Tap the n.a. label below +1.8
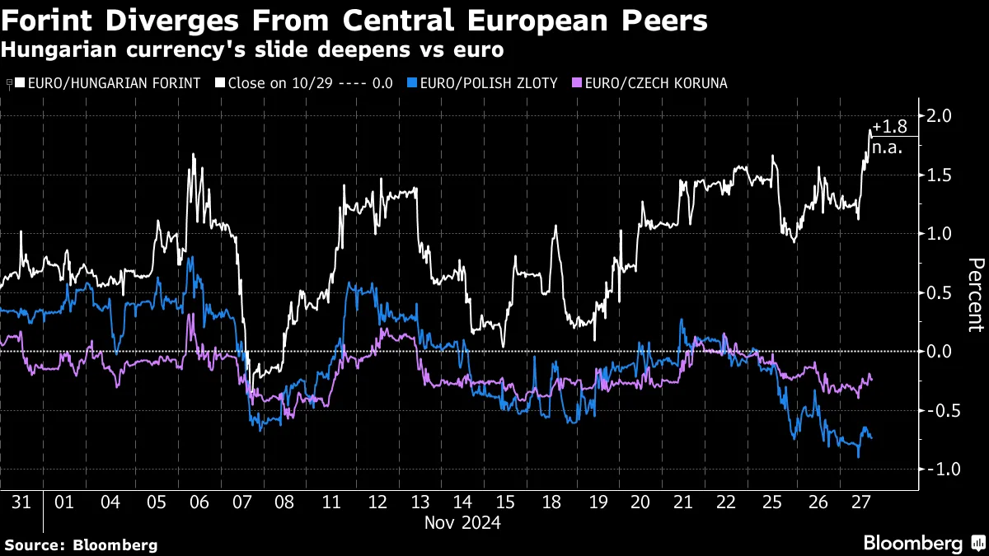[x=888, y=148]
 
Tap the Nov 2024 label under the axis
[x=462, y=522]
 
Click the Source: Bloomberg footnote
[x=81, y=544]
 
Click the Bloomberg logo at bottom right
[x=912, y=543]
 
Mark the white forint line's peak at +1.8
[x=870, y=130]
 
